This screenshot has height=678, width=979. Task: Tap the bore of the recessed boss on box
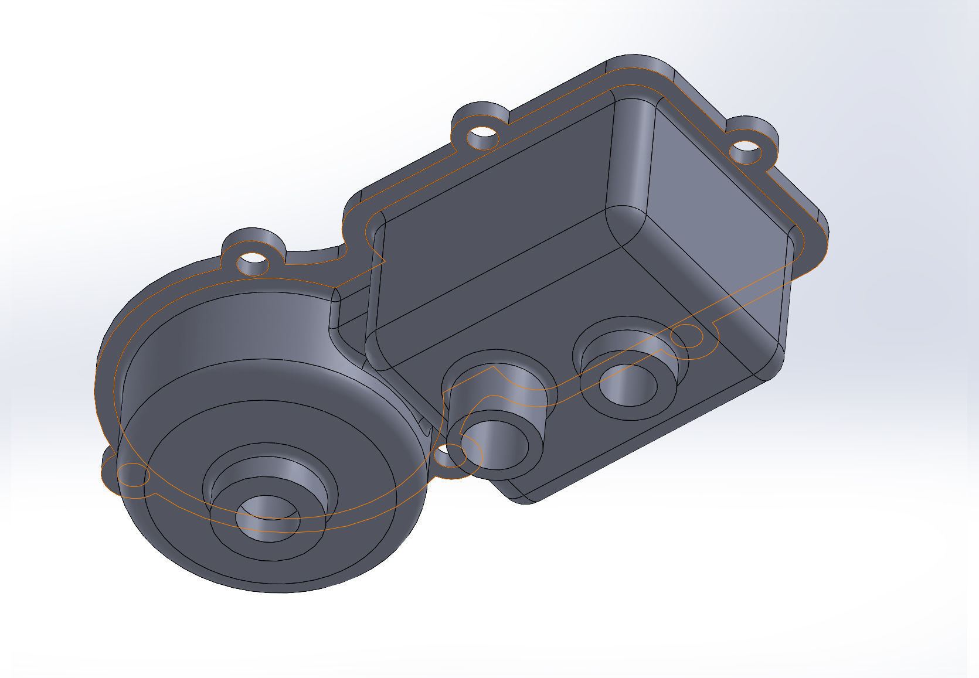tap(629, 387)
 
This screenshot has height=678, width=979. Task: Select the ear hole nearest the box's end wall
tap(746, 151)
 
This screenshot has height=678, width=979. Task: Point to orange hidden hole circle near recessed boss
tap(686, 336)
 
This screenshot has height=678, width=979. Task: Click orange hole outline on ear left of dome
tap(131, 474)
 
